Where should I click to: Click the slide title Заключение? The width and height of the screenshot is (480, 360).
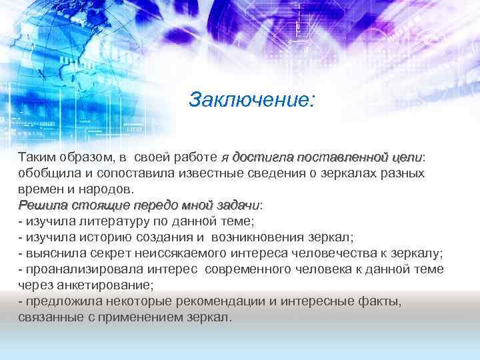tap(251, 100)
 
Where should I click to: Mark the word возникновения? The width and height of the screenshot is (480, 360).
tap(259, 237)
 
